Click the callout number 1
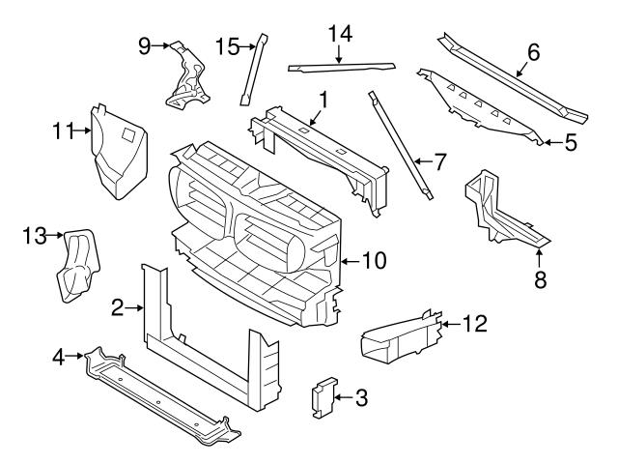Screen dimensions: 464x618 (323, 99)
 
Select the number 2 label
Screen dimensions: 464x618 (117, 308)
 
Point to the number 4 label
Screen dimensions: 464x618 (59, 358)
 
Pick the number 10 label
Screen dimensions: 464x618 (374, 259)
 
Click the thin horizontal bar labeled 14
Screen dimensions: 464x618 (343, 67)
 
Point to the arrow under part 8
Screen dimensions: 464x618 (540, 254)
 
